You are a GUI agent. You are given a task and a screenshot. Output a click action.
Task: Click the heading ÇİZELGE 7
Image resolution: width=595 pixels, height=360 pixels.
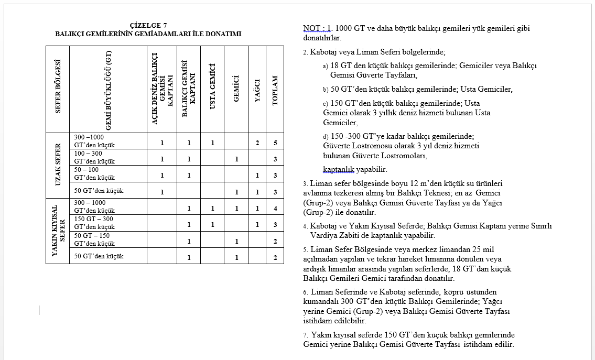(148, 25)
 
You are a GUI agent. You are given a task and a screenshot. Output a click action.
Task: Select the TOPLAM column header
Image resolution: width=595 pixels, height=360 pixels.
(275, 90)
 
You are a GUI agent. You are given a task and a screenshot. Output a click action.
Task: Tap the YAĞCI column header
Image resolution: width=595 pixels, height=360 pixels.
(257, 90)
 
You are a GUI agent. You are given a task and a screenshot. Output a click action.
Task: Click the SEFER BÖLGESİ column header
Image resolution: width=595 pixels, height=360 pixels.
(58, 86)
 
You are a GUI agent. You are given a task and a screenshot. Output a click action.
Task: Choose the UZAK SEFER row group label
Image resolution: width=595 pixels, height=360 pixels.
(58, 165)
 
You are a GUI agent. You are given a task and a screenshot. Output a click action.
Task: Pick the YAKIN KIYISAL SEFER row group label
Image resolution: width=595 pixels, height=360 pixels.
(58, 231)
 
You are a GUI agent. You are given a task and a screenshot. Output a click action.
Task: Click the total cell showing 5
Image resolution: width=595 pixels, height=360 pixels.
(275, 143)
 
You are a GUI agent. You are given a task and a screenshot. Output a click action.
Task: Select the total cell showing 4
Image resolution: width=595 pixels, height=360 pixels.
(275, 209)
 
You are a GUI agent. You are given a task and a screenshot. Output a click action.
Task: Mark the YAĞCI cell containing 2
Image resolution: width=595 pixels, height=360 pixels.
(257, 143)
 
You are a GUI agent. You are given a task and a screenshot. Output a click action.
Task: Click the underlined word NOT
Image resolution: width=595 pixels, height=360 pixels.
(311, 28)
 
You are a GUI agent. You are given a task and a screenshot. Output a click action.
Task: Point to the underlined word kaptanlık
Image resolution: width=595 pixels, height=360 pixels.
(339, 170)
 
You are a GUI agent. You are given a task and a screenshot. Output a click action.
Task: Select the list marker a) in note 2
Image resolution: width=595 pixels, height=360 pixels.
(326, 67)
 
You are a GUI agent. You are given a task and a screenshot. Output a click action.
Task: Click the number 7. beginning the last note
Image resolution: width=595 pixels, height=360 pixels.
(306, 335)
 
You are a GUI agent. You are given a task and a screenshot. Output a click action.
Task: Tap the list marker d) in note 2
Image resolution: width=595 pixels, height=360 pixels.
(326, 136)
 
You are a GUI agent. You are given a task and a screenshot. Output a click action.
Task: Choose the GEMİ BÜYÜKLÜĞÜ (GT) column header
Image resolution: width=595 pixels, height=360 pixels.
(108, 90)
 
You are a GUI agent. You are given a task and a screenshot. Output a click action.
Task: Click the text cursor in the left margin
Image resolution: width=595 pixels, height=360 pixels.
(39, 310)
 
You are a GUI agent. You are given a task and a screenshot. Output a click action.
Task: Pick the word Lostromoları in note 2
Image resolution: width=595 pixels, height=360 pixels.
(404, 156)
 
